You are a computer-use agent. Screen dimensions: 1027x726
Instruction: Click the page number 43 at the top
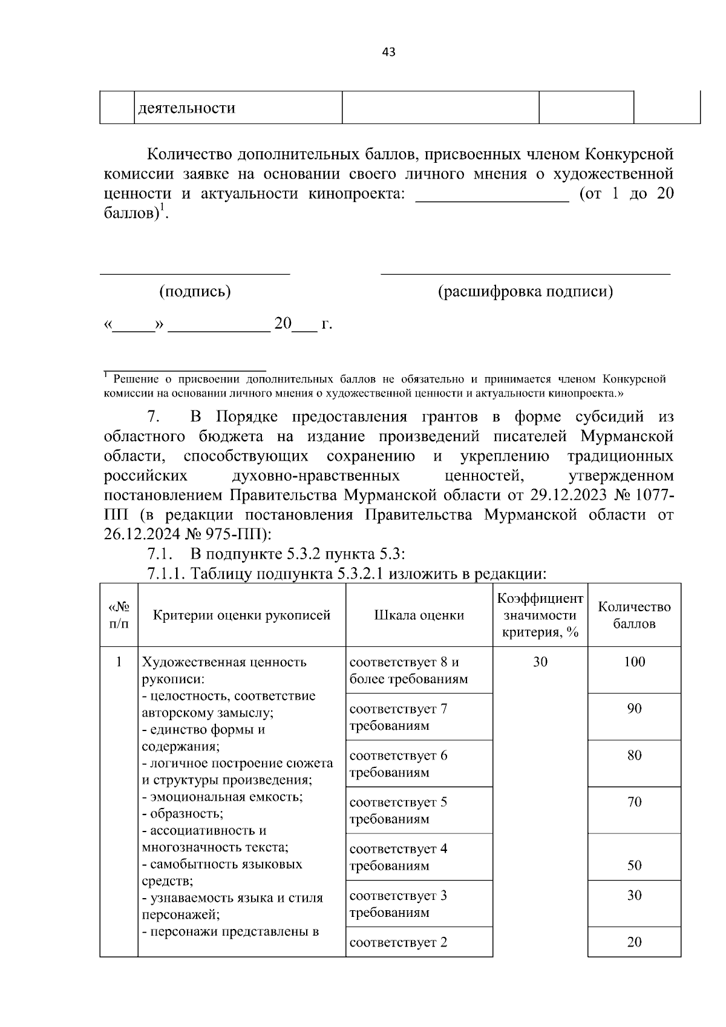[388, 53]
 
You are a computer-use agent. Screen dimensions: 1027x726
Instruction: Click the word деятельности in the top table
[187, 108]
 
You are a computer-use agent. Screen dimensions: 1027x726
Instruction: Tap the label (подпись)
[195, 292]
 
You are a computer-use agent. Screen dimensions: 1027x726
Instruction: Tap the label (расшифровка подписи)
[525, 292]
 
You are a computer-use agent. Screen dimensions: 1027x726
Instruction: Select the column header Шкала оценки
[419, 615]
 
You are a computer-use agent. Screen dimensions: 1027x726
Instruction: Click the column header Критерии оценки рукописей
[241, 615]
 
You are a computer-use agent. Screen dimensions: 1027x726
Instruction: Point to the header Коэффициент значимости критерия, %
[540, 615]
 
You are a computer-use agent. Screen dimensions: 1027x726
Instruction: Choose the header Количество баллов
[634, 615]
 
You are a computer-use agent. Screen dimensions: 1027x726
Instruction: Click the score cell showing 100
[634, 661]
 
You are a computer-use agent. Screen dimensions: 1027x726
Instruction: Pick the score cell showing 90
[634, 708]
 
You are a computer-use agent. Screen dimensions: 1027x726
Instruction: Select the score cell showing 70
[634, 802]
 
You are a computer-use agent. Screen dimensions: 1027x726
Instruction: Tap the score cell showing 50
[634, 865]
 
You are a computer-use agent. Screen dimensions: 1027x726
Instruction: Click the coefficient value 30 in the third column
[540, 661]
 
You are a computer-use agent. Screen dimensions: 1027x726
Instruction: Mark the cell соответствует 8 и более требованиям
[409, 670]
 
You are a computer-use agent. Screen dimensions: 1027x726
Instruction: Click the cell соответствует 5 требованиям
[398, 810]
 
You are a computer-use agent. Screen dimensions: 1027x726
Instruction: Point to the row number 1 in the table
[119, 661]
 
